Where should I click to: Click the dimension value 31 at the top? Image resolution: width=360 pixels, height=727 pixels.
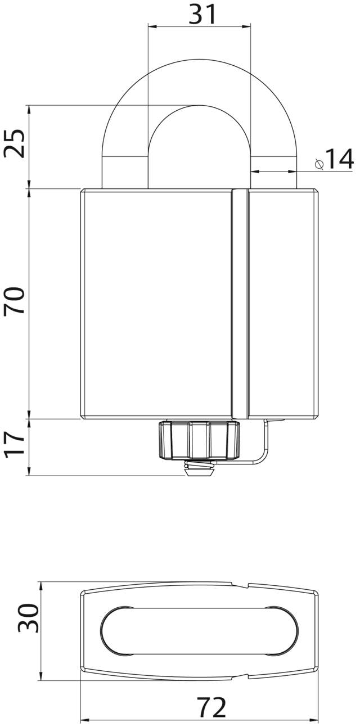point(202,13)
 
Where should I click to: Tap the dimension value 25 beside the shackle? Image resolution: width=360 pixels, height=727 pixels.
point(15,144)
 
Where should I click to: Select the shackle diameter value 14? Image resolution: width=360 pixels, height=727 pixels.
point(339,159)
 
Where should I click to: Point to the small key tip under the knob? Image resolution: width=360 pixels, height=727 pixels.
point(199,470)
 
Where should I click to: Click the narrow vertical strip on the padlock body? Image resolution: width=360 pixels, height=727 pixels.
point(240,304)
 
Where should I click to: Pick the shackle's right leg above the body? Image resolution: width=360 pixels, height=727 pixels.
point(273,169)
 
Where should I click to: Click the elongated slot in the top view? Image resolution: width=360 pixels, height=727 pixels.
point(199,631)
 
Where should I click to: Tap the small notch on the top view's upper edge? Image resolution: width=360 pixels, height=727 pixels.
point(246,586)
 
